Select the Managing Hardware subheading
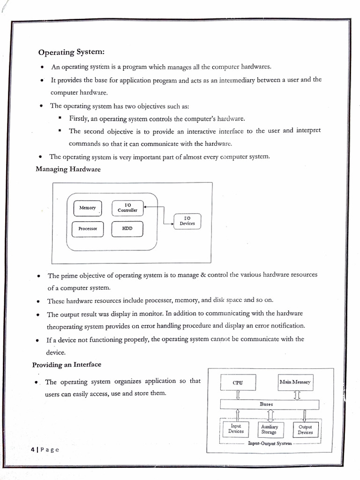pyautogui.click(x=68, y=169)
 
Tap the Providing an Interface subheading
pyautogui.click(x=67, y=364)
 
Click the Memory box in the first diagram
pyautogui.click(x=88, y=208)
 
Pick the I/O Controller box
pyautogui.click(x=127, y=208)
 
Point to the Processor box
pyautogui.click(x=88, y=229)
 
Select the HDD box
pyautogui.click(x=127, y=229)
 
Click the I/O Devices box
pyautogui.click(x=187, y=221)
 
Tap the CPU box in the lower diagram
pyautogui.click(x=238, y=382)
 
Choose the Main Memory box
pyautogui.click(x=295, y=382)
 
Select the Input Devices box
pyautogui.click(x=236, y=429)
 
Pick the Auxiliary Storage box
pyautogui.click(x=270, y=429)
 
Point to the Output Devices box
pyautogui.click(x=305, y=429)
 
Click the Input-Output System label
pyautogui.click(x=270, y=443)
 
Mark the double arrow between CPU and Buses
pyautogui.click(x=238, y=395)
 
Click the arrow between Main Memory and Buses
pyautogui.click(x=296, y=395)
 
